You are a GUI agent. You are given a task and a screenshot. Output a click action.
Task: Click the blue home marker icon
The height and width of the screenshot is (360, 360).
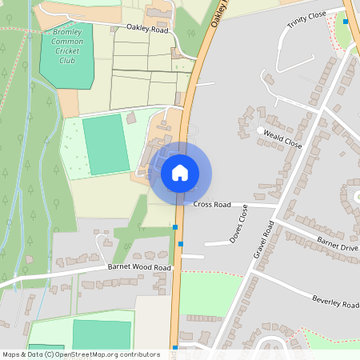[180, 172]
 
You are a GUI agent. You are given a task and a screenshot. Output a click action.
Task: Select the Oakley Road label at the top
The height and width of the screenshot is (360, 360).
[147, 28]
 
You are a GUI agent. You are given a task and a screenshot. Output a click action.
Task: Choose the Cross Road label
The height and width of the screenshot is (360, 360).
[212, 205]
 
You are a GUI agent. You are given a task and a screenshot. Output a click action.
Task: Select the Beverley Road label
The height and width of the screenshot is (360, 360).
[337, 302]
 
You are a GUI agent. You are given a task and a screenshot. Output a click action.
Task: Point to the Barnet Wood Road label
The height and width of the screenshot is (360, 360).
[139, 267]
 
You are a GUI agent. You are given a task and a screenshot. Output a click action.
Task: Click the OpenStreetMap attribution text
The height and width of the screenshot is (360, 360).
[81, 354]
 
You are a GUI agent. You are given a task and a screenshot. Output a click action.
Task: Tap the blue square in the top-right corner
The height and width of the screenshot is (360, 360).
[346, 22]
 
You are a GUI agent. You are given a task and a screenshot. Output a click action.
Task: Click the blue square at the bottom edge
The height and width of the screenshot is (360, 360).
[174, 347]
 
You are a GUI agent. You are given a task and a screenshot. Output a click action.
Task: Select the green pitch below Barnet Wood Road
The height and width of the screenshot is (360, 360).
[102, 334]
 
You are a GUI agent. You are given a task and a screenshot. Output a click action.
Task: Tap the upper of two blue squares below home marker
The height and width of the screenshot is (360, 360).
[175, 228]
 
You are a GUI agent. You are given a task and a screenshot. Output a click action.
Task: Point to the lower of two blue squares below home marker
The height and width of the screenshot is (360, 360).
[182, 243]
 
